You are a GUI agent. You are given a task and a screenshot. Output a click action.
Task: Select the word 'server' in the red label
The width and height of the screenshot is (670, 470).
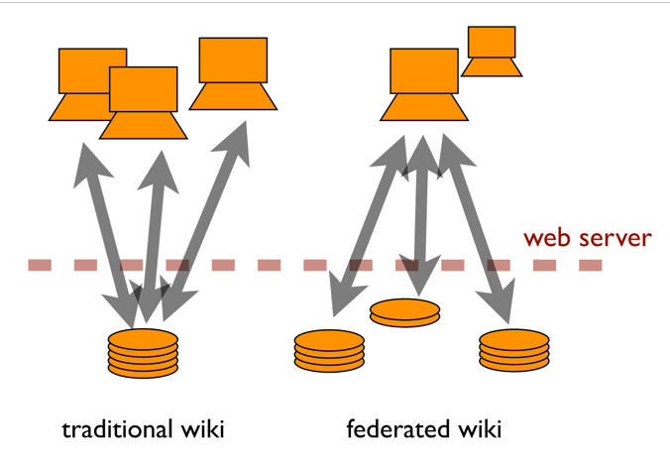click(616, 239)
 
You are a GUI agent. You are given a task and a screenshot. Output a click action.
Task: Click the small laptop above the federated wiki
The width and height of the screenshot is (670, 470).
click(492, 52)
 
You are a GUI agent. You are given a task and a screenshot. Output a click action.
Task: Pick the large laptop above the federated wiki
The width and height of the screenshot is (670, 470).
click(423, 85)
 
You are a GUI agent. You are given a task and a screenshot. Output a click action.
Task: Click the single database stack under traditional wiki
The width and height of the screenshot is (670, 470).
click(143, 352)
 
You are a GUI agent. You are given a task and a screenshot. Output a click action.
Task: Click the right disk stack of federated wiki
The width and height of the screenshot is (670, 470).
click(513, 350)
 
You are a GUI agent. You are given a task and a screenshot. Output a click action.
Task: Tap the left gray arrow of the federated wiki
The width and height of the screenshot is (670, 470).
click(372, 223)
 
